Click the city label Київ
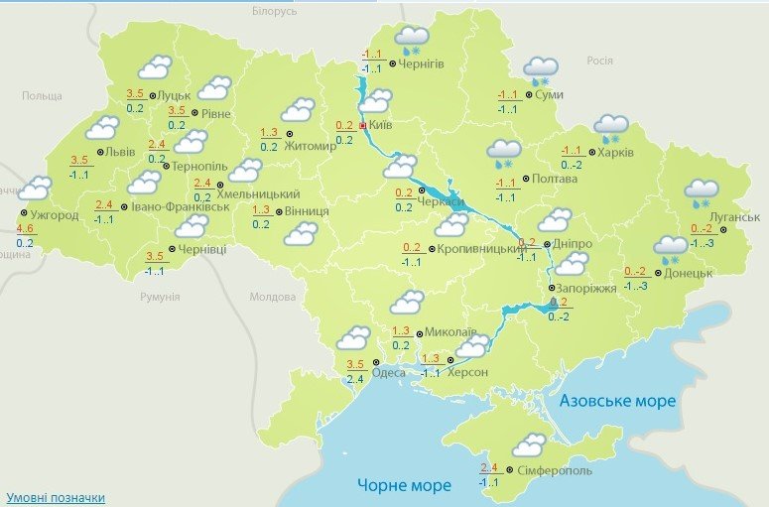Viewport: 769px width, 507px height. click(380, 127)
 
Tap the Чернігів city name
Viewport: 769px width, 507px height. click(422, 63)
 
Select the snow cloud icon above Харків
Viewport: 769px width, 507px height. click(611, 128)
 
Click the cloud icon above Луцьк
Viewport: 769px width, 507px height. click(155, 67)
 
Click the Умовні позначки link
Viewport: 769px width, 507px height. click(56, 497)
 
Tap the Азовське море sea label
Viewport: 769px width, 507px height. click(617, 401)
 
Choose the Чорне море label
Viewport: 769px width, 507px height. click(404, 485)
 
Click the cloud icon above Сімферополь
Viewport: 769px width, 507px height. click(529, 444)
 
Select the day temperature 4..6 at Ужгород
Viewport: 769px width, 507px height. click(25, 228)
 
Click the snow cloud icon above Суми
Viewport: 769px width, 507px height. click(542, 70)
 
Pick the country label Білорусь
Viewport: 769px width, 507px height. click(275, 11)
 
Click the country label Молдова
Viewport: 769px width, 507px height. click(273, 297)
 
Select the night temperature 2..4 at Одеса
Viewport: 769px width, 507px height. click(355, 379)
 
